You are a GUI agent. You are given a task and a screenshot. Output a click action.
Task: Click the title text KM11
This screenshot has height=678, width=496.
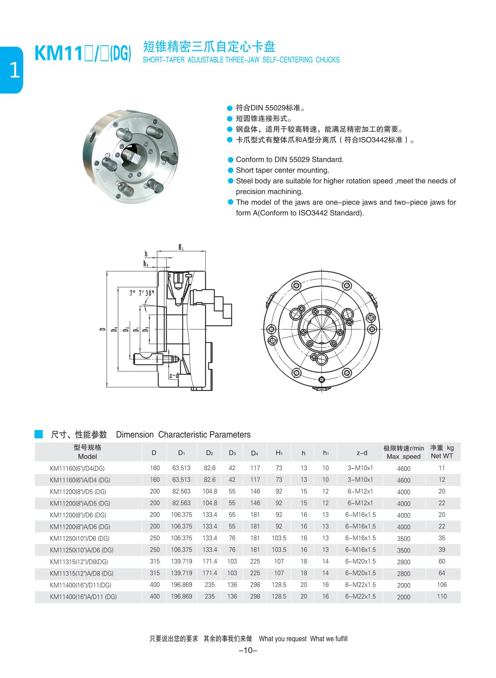point(59,54)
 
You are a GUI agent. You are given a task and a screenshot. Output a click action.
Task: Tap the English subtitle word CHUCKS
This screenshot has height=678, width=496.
point(328,60)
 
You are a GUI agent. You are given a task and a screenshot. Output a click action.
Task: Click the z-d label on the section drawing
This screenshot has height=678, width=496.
point(173,375)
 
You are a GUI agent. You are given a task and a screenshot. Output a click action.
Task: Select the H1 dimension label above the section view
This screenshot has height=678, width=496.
point(181,248)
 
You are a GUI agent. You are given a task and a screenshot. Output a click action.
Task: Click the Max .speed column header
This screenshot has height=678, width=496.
point(404,456)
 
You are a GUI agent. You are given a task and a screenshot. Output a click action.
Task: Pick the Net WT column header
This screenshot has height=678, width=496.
point(442,456)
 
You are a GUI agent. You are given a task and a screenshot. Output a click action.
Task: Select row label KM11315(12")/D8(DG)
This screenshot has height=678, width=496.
point(79,562)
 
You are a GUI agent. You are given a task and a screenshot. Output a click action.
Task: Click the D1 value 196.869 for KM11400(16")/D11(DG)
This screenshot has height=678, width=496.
point(181,585)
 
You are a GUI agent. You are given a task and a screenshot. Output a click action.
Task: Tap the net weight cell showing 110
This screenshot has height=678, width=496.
point(442,597)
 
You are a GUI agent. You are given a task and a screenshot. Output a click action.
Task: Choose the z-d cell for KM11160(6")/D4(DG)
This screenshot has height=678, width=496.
point(360,468)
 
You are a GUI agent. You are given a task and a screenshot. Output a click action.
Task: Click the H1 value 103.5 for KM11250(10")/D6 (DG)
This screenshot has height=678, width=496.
point(279,538)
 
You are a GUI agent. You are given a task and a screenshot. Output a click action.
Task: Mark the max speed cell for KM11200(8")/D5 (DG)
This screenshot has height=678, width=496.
point(404,492)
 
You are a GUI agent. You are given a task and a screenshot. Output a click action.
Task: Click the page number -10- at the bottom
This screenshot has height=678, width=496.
point(248,650)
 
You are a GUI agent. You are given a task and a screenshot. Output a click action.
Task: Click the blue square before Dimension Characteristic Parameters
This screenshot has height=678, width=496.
point(39,434)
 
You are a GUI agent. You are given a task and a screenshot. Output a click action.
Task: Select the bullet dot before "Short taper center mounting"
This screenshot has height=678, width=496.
point(230,170)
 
